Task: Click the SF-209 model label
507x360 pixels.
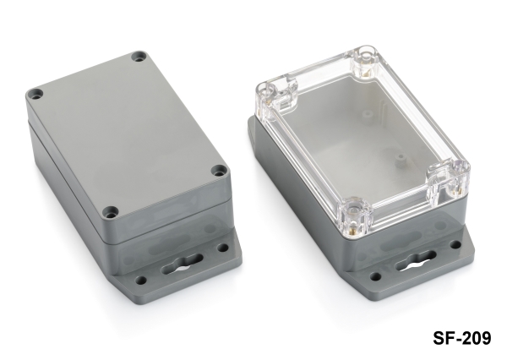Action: tap(461, 338)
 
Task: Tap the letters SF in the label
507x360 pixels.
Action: tap(442, 338)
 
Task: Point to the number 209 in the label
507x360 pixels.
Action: tap(476, 338)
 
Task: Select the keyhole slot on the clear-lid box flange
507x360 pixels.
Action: tap(415, 261)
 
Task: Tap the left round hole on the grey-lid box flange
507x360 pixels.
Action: tap(140, 281)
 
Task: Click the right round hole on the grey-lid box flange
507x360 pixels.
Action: tap(223, 248)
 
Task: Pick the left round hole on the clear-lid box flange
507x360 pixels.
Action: tap(375, 277)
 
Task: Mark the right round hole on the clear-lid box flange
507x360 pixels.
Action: tap(455, 245)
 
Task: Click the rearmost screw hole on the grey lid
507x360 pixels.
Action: tap(139, 57)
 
